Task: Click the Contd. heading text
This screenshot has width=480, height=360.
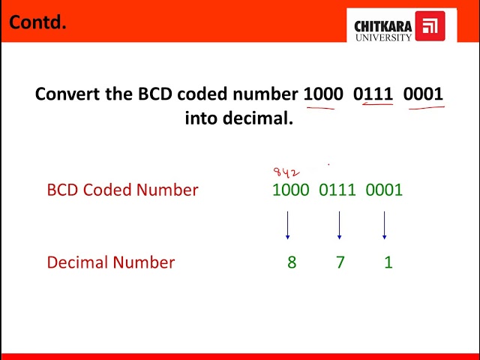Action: point(37,22)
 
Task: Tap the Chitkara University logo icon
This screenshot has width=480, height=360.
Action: point(429,26)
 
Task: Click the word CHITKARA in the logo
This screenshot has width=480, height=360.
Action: point(382,26)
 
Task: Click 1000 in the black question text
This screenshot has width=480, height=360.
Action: point(322,94)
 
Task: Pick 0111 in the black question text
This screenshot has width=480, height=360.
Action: point(373,94)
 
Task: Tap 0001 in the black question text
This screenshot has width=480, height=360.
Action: point(423,94)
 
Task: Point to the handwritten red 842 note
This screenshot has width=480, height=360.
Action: point(286,172)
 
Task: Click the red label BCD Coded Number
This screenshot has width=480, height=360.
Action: point(122,190)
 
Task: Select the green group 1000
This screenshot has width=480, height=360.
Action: point(290,190)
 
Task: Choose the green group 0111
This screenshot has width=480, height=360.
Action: point(337,190)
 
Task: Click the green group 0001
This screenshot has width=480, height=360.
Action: point(384,190)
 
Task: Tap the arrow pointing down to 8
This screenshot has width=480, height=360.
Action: point(287,225)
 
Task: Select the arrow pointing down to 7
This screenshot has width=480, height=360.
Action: point(339,225)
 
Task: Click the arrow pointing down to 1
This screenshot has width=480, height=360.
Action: point(384,225)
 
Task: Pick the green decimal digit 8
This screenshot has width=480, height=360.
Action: point(292,262)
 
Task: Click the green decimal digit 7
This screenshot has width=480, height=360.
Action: point(340,262)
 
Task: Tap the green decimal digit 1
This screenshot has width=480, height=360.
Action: point(388,262)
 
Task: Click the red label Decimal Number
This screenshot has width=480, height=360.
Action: point(110,262)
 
